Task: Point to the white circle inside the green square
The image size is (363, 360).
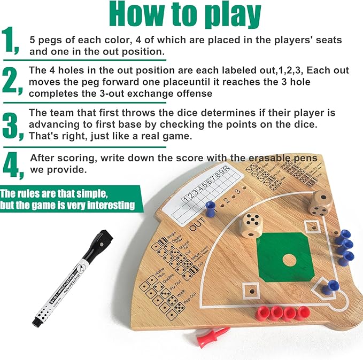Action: coord(289,261)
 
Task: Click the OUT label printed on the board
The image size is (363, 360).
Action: coord(198,225)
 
